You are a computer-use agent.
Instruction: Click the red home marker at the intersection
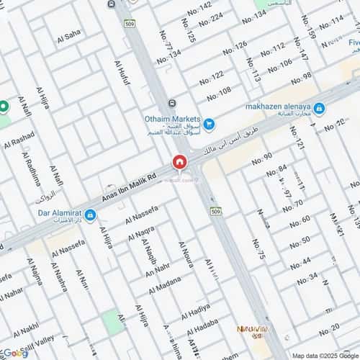(x=179, y=163)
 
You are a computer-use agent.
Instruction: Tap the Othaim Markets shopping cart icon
(x=209, y=124)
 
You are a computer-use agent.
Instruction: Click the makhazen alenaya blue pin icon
(x=318, y=109)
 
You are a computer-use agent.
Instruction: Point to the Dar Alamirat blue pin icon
(x=90, y=215)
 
